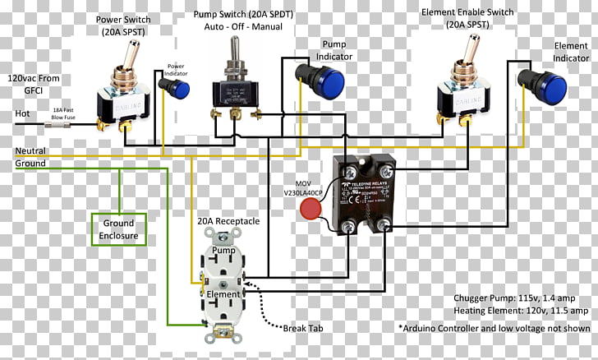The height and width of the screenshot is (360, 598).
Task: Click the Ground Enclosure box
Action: pos(118,229)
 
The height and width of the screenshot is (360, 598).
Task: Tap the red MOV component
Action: pos(310,209)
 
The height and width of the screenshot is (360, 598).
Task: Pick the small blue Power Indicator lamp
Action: pos(178,88)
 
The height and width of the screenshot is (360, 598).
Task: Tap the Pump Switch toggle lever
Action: pos(232,62)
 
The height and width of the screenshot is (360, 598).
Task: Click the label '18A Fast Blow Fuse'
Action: pos(69,113)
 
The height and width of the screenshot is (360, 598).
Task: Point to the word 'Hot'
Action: pos(23,113)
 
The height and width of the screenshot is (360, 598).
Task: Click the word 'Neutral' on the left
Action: pos(30,151)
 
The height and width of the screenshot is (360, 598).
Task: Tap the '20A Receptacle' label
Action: pos(228,221)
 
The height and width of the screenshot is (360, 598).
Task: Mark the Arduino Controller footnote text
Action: pos(493,327)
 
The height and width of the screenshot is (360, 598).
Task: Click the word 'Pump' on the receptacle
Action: pos(224,249)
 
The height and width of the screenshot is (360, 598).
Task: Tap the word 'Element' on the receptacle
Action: pos(224,293)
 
